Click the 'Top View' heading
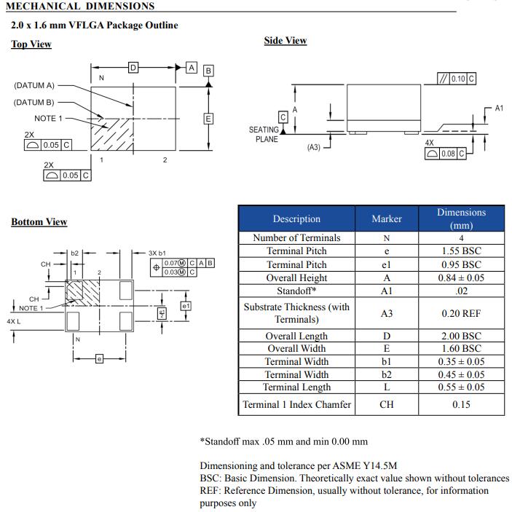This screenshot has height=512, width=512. point(31,44)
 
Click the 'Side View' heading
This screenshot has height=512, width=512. point(285,41)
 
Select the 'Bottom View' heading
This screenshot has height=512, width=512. point(39,222)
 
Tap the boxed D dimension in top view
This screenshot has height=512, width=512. point(133,68)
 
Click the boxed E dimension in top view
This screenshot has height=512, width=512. point(208,119)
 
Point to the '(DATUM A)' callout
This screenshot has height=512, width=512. point(34,85)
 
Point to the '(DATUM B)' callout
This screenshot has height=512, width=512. point(34,102)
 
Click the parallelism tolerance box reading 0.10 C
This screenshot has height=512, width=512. point(456,79)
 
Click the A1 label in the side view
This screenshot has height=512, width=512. point(499,109)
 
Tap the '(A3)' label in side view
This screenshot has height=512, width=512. point(313,147)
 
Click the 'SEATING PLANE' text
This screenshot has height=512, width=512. point(264,135)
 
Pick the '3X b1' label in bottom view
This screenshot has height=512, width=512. point(157,253)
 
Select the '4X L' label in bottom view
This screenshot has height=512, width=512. point(13,321)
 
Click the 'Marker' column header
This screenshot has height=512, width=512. point(386,218)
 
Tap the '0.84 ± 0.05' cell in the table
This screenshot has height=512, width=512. point(461,277)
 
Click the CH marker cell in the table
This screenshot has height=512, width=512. point(386,404)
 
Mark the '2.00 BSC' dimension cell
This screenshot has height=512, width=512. point(461,336)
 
